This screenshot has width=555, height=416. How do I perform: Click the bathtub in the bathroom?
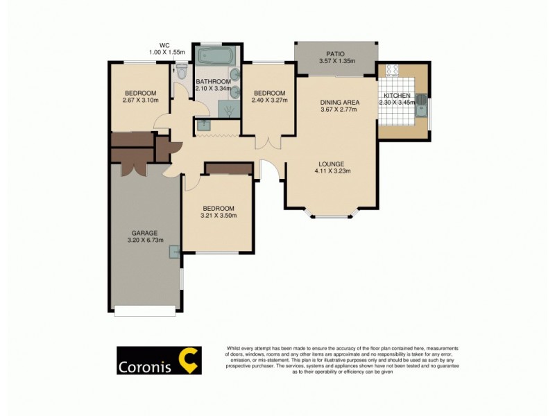pos(216,55)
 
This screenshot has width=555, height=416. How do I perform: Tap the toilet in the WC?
pos(182,71)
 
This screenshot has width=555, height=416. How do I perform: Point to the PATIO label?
pos(336,54)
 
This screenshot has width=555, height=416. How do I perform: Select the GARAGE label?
pos(145,233)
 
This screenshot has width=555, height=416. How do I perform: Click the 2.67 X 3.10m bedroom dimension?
pos(141,101)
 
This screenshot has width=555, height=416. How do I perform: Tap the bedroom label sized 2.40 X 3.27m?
pos(269,94)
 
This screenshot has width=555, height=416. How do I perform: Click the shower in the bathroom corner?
pos(228,108)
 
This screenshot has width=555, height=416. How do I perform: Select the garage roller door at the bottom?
pos(144,312)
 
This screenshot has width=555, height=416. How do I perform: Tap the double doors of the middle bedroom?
pos(268,143)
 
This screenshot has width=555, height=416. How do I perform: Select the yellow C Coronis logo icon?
pos(188,361)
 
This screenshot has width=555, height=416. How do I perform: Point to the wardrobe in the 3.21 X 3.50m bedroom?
pos(229,168)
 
